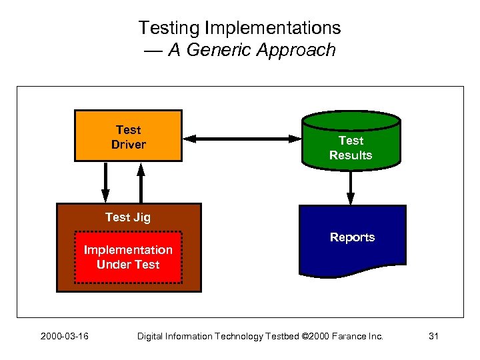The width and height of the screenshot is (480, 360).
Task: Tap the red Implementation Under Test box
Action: point(128,257)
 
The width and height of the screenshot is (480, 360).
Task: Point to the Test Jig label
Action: point(128,217)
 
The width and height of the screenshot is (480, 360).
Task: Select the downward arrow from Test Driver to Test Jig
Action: point(105,181)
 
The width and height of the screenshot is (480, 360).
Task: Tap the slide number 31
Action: point(433,336)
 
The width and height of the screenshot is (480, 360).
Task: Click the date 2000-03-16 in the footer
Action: point(64,336)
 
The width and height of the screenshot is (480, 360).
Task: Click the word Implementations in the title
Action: point(273,28)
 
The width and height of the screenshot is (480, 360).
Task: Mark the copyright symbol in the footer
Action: point(305,336)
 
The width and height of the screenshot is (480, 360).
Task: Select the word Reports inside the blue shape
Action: point(352,237)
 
